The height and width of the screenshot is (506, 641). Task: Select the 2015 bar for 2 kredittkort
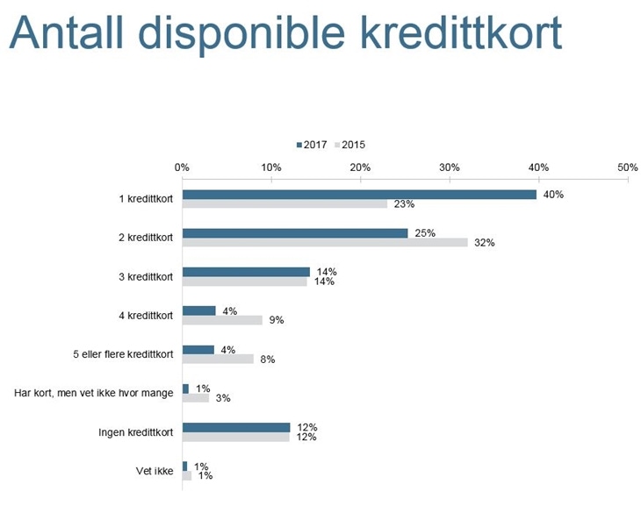click(324, 243)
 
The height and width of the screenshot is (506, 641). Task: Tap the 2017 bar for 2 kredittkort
click(294, 233)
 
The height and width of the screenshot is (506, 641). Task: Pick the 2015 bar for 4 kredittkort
click(222, 320)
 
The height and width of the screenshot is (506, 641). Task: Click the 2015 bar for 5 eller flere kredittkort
click(218, 359)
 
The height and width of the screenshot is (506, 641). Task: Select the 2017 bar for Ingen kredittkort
click(235, 427)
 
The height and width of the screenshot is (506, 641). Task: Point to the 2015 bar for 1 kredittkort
click(284, 204)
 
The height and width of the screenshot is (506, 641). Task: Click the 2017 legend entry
click(312, 145)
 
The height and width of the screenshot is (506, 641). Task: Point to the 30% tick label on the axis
click(449, 167)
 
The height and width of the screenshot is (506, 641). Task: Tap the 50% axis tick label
click(627, 167)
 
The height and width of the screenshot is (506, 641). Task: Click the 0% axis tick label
click(182, 167)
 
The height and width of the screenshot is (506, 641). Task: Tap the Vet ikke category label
click(155, 470)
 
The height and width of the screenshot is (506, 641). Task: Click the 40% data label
click(553, 195)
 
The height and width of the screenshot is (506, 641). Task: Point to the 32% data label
click(485, 243)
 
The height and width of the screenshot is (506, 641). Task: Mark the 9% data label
click(276, 320)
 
